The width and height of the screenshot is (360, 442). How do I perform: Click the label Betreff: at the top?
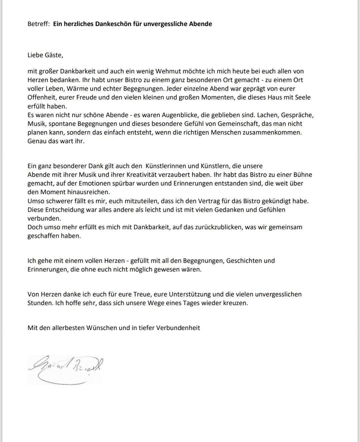tap(38, 24)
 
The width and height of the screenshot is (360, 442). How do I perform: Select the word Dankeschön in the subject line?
tap(114, 24)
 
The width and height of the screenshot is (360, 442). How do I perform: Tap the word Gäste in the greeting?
tap(53, 55)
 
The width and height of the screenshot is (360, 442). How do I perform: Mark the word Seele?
tap(303, 98)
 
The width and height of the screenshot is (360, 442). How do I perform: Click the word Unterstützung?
tap(190, 294)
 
